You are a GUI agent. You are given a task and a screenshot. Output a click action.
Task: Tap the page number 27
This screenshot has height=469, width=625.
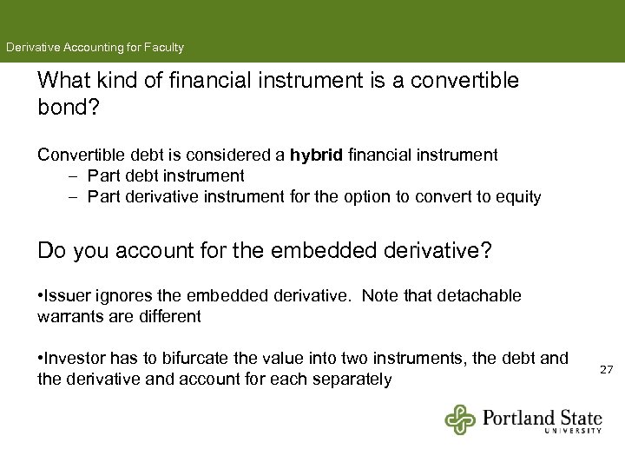(x=606, y=370)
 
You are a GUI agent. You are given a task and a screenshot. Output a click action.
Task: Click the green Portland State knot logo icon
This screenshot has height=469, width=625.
(x=461, y=419)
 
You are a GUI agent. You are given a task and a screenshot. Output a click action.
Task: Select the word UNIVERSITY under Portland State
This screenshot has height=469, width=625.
(x=573, y=430)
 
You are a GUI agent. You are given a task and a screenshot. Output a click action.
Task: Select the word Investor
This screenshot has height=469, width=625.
(x=76, y=358)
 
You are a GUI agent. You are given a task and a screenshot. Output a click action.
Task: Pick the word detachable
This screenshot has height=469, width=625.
(x=479, y=295)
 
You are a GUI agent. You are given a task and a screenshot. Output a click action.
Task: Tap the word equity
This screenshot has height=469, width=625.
(x=518, y=197)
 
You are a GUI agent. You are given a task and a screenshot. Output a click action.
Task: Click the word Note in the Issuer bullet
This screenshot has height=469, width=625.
(x=378, y=295)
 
